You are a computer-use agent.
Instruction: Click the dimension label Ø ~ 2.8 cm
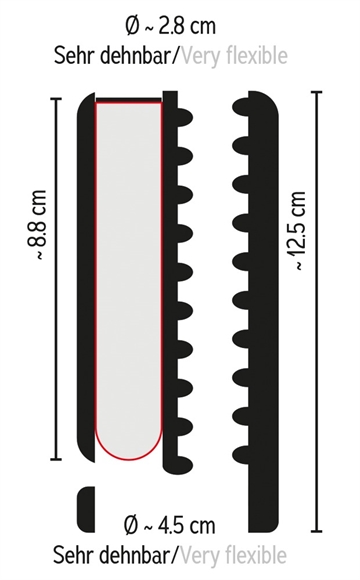170,27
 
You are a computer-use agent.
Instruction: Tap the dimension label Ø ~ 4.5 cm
169,525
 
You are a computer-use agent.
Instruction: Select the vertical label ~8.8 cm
37,225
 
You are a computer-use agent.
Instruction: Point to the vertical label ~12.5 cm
296,231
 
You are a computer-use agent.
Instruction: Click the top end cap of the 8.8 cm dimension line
56,99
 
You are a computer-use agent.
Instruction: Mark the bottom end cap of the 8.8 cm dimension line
56,459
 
